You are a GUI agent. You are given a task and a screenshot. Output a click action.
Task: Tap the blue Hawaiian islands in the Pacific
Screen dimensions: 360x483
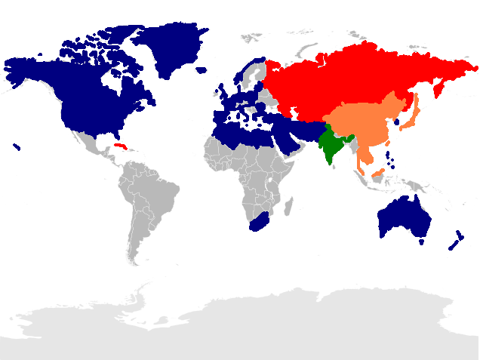(x=17, y=146)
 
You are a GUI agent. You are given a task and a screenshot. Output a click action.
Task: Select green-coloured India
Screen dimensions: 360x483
(x=331, y=147)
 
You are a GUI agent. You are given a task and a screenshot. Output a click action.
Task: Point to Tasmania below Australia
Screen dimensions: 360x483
(x=420, y=242)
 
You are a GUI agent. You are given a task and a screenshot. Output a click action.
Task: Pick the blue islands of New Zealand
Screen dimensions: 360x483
(x=455, y=241)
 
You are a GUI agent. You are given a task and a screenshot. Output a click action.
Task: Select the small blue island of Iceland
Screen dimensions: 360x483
(x=201, y=70)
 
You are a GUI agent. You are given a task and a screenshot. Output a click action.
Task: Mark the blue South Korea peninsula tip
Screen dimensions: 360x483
(x=397, y=121)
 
